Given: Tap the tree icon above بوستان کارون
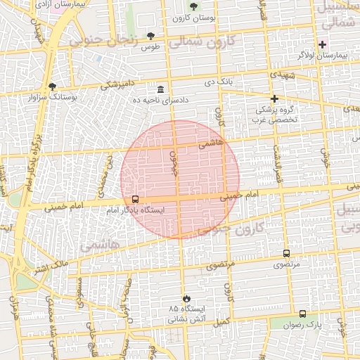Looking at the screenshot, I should tap(193, 6).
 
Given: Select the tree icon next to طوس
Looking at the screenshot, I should tap(150, 36).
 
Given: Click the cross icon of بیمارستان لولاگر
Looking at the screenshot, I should tap(322, 44).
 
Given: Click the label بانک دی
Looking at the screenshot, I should tap(219, 82).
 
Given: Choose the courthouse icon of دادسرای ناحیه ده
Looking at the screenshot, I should tap(161, 89).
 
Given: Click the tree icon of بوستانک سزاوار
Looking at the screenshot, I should tap(52, 86).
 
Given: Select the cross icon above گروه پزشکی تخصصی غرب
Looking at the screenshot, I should tap(274, 98).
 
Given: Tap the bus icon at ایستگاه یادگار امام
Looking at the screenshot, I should tap(135, 199).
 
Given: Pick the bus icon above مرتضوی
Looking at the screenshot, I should tap(286, 253).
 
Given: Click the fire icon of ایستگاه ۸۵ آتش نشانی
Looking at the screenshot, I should tap(186, 298).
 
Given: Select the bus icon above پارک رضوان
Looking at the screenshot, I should tap(302, 314).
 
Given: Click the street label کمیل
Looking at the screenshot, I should tap(223, 321).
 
